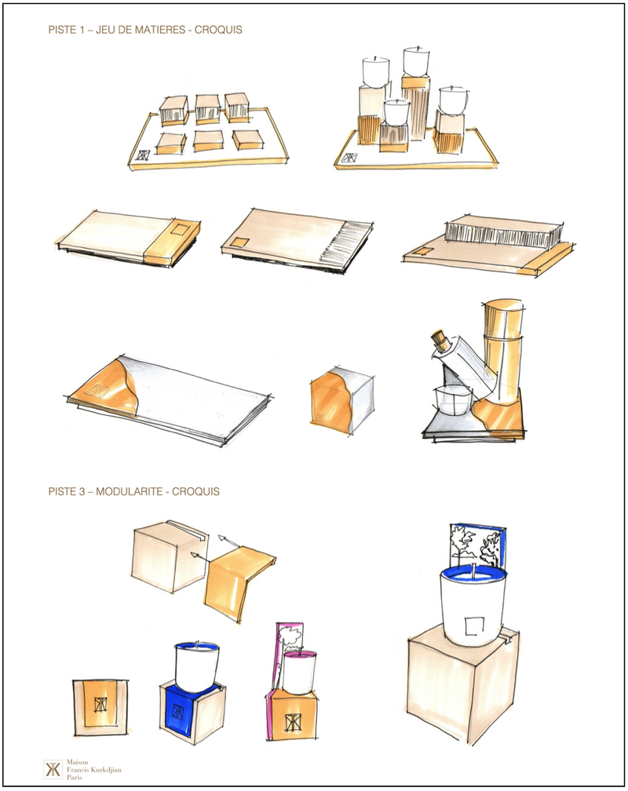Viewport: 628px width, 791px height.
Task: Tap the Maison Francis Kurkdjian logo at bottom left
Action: click(52, 769)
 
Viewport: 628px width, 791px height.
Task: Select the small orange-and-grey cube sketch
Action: click(341, 402)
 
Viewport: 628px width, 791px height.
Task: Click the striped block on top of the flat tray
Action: click(503, 232)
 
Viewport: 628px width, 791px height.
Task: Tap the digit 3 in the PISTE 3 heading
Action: click(82, 491)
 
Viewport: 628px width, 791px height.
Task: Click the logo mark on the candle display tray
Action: click(349, 158)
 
